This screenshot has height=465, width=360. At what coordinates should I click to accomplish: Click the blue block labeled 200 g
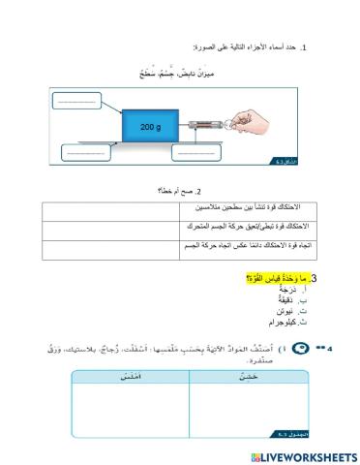point(149,127)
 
